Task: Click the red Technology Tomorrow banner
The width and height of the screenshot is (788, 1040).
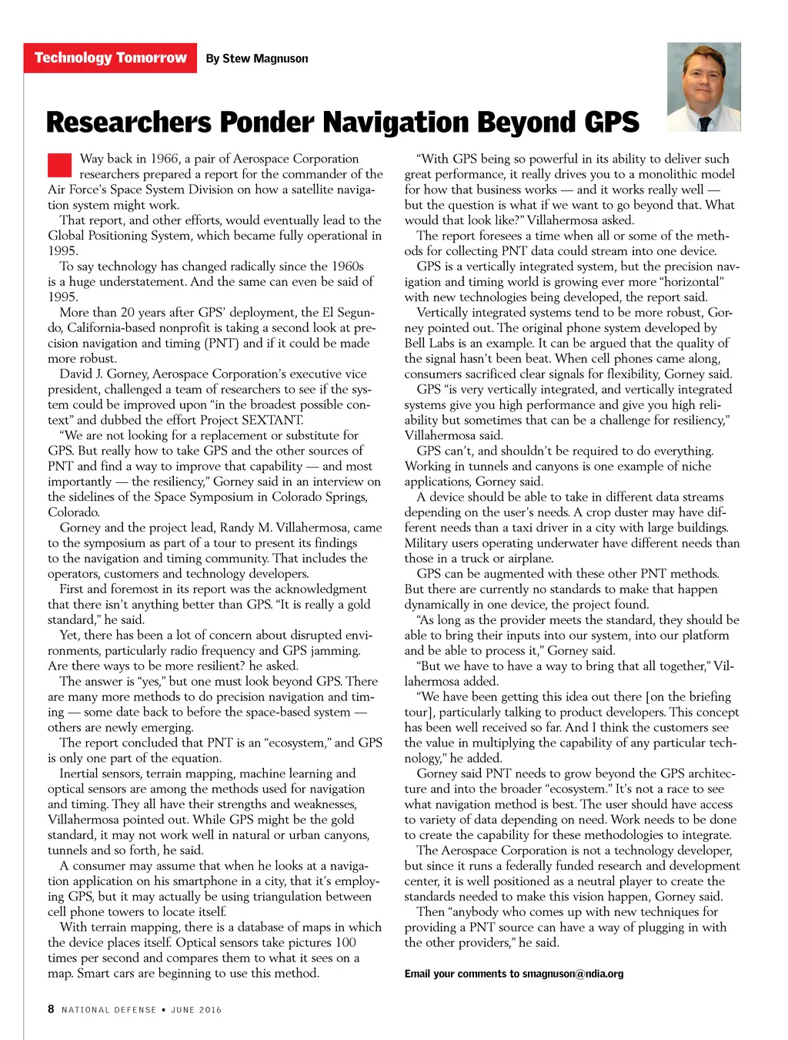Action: tap(110, 58)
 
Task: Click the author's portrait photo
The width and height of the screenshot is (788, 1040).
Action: tap(703, 86)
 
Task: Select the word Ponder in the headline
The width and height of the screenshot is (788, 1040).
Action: tap(266, 122)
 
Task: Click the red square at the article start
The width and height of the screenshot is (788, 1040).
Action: tap(59, 166)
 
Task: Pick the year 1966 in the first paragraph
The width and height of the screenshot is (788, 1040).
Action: tap(164, 159)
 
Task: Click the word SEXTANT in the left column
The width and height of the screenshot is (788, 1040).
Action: tap(272, 420)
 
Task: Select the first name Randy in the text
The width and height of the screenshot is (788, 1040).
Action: tap(236, 528)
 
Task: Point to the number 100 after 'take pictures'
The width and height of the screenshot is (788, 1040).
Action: tap(346, 942)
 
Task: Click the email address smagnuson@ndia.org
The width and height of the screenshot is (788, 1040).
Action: tap(573, 974)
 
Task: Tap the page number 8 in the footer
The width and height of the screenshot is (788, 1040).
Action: tap(51, 1009)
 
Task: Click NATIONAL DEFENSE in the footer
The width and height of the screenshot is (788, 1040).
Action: tap(109, 1010)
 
